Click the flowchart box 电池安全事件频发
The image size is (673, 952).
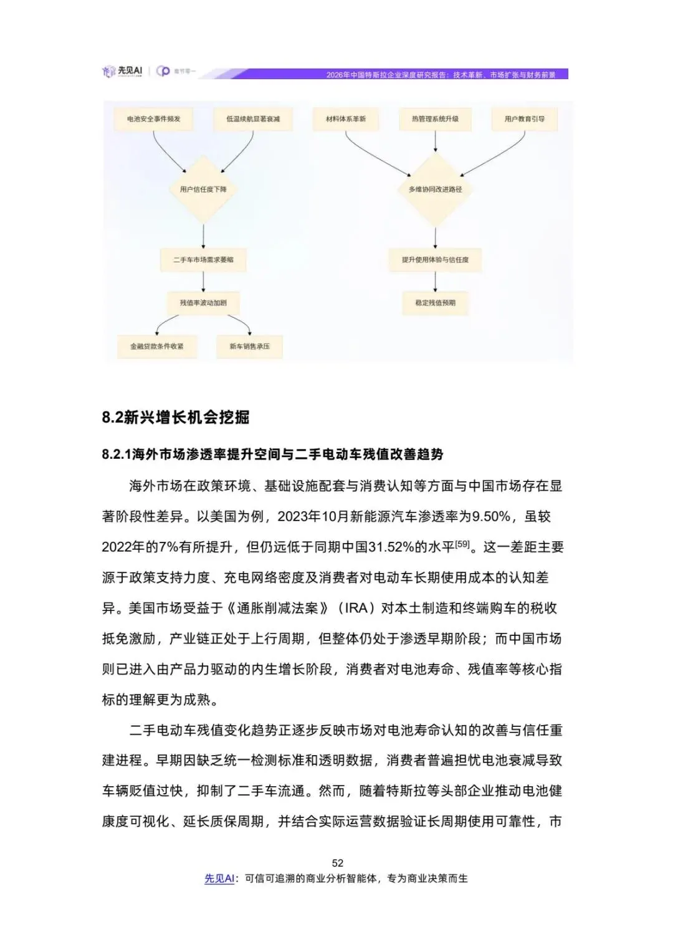[x=154, y=119]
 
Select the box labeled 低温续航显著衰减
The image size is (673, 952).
[x=253, y=119]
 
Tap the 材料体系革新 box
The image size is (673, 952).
[x=346, y=119]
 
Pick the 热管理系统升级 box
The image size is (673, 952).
[x=435, y=119]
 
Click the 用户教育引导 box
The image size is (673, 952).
[x=524, y=119]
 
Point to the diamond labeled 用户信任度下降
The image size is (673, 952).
[x=203, y=190]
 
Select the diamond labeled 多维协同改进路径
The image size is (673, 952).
[x=435, y=190]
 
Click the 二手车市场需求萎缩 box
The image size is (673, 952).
[x=203, y=260]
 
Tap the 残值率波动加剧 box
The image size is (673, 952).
[x=203, y=303]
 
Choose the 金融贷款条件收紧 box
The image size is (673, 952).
[x=156, y=347]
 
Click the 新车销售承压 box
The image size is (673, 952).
[x=249, y=347]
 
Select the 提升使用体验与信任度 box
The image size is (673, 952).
[x=435, y=260]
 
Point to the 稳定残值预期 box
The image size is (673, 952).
[x=435, y=303]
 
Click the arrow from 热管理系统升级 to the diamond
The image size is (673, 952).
[x=435, y=142]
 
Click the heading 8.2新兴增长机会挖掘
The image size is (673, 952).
[x=176, y=417]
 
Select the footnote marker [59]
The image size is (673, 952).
[x=462, y=544]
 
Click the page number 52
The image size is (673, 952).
[x=337, y=863]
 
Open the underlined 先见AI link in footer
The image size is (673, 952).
[x=219, y=878]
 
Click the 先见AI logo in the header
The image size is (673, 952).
[x=123, y=72]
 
